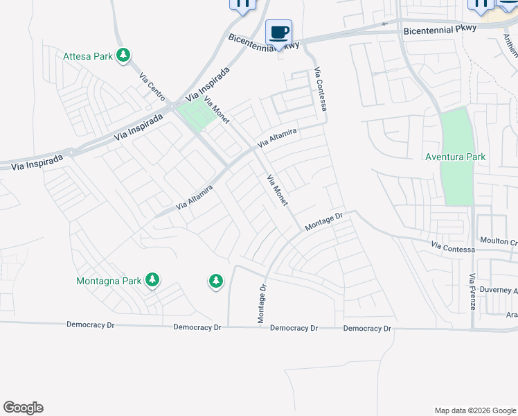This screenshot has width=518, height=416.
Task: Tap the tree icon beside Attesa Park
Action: coord(123,55)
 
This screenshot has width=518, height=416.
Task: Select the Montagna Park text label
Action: coord(108,281)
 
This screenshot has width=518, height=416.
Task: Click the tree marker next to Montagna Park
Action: coord(152,280)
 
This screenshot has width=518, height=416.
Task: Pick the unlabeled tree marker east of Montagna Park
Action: coord(216,281)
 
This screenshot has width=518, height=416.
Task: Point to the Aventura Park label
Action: coord(455,157)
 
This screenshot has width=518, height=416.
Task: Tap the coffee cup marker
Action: coord(279,33)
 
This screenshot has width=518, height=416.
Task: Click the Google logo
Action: coord(23,408)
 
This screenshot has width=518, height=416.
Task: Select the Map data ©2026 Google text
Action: coord(474,410)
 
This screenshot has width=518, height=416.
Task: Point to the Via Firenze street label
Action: coord(472,291)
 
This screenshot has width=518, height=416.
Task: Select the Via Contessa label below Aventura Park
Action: coord(453,247)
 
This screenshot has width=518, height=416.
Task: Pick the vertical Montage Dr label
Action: coord(262,304)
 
